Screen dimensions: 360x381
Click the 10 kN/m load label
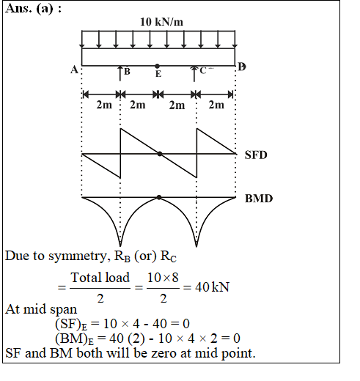click(x=161, y=22)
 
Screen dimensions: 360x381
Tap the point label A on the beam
click(x=74, y=70)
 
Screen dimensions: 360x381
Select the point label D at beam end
click(x=242, y=67)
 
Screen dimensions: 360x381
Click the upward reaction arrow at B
click(x=120, y=73)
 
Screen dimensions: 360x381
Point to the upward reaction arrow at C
click(x=194, y=73)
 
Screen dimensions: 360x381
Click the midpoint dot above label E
click(x=158, y=66)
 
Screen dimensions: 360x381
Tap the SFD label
click(x=256, y=155)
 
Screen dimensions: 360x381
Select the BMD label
click(x=259, y=199)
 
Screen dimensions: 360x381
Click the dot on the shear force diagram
click(x=160, y=154)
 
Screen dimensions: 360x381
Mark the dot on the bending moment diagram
click(x=159, y=197)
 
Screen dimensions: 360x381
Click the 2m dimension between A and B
click(x=104, y=105)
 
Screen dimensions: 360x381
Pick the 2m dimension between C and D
click(x=216, y=105)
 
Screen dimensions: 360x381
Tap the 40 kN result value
click(x=212, y=287)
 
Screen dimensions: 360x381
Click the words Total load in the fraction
click(x=100, y=278)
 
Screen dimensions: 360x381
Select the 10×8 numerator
click(x=163, y=278)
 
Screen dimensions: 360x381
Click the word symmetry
click(x=78, y=256)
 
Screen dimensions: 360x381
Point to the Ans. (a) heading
click(x=33, y=9)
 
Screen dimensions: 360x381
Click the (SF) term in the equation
click(x=71, y=325)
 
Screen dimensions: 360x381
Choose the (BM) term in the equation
click(x=74, y=339)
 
